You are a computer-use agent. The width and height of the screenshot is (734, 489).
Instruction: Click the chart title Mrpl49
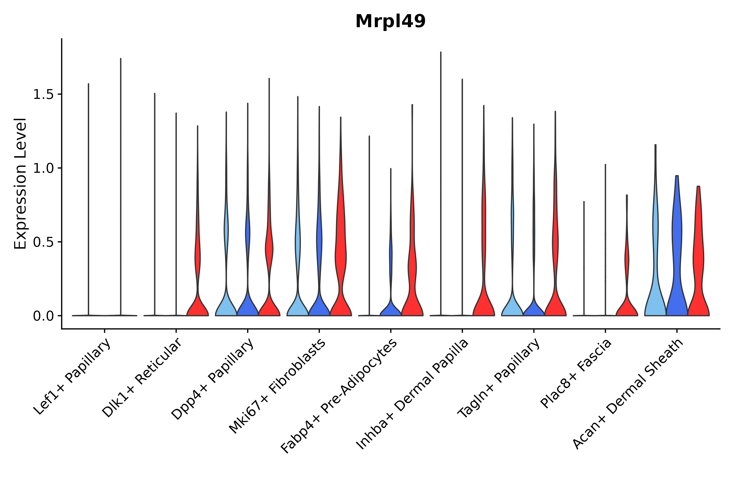390,21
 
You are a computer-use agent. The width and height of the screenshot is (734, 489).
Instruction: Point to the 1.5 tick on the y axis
43,95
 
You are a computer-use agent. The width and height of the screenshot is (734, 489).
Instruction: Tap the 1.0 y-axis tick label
43,168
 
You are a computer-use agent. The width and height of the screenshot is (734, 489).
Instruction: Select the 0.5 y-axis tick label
43,242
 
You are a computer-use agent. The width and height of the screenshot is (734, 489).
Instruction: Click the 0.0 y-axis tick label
43,316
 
